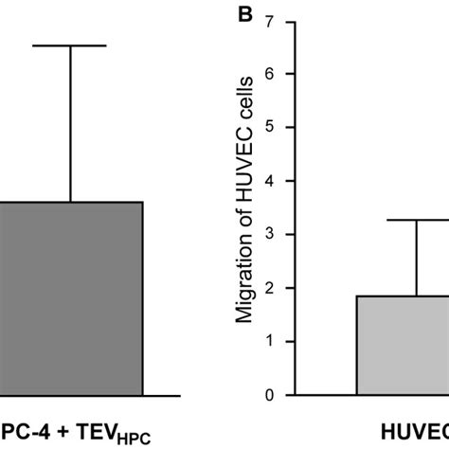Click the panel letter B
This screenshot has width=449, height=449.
pos(244,16)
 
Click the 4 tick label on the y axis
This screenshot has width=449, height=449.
pos(272,181)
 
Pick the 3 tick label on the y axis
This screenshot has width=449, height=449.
pos(272,235)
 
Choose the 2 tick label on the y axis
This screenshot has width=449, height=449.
pos(272,288)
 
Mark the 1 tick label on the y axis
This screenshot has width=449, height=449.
pos(272,342)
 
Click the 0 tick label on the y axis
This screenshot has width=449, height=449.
pos(272,395)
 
